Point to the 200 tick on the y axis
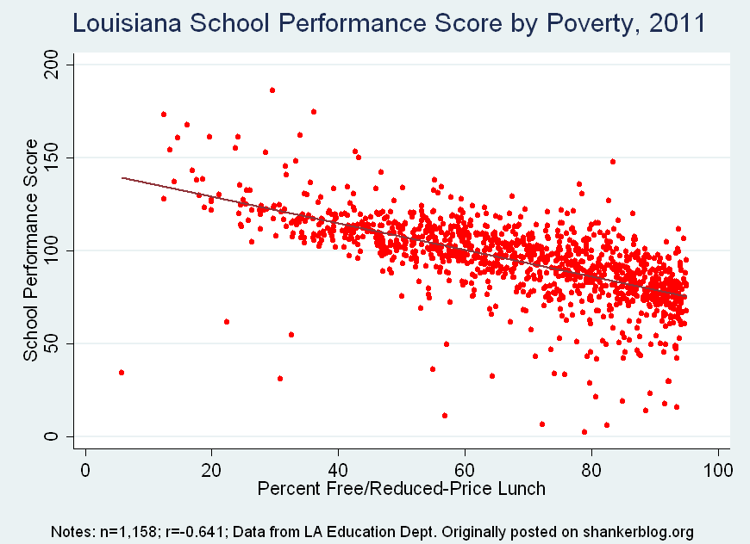point(54,65)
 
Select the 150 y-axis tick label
point(54,158)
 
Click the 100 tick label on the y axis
point(54,250)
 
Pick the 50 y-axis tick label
point(54,343)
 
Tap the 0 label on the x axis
point(85,470)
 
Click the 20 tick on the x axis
point(212,470)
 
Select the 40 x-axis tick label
point(339,470)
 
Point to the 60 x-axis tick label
point(466,470)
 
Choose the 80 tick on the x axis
point(591,470)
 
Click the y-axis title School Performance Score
point(31,250)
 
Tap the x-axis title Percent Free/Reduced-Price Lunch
point(401,490)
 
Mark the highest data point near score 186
point(272,90)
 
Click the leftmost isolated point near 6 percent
point(122,373)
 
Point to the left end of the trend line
point(123,178)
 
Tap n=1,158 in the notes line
point(126,530)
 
